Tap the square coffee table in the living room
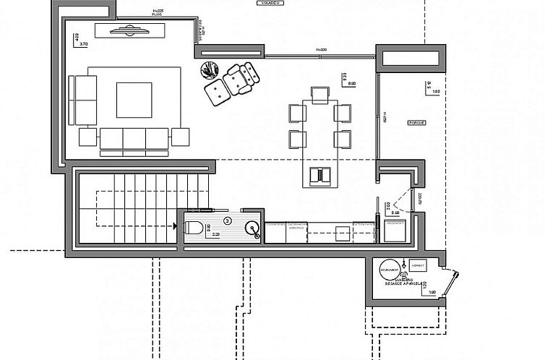point(134,100)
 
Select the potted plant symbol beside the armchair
point(209,70)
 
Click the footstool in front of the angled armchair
point(216,92)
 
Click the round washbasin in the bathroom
point(252,229)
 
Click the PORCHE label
point(417,123)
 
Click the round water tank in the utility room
point(390,268)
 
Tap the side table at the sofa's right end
point(179,136)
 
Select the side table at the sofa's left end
point(88,136)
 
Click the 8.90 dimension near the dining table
point(351,85)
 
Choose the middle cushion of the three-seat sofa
point(134,137)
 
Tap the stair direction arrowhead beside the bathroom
point(176,226)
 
